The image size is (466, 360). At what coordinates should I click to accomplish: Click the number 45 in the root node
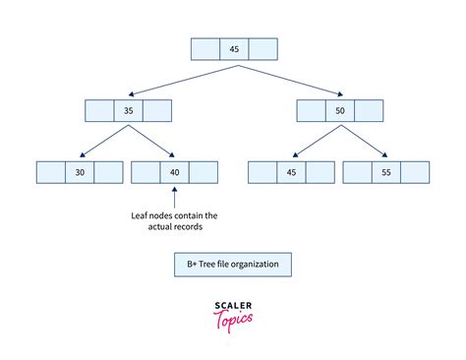tap(234, 49)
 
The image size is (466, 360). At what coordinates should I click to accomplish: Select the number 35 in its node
tap(128, 111)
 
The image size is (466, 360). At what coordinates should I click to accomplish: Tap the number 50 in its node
tap(339, 111)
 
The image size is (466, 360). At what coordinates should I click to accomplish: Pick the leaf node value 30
tap(80, 172)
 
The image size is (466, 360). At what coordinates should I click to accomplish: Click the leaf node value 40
tap(173, 172)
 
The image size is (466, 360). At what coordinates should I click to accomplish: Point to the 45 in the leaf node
tap(291, 172)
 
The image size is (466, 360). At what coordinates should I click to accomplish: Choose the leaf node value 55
tap(385, 172)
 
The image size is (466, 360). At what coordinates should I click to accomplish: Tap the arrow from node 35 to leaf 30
tap(99, 141)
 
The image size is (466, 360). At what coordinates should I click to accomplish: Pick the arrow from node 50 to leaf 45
tap(314, 141)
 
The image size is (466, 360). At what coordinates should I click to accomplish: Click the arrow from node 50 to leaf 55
tap(366, 141)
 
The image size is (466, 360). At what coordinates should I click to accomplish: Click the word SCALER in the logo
tap(233, 305)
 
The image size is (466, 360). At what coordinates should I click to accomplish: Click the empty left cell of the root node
tap(204, 49)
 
